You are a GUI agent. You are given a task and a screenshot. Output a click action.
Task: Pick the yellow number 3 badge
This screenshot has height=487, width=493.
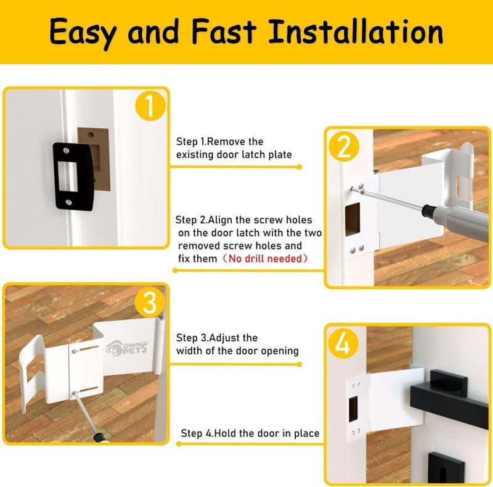point(150,303)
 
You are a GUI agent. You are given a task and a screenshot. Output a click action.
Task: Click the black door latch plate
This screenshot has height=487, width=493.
point(73,176)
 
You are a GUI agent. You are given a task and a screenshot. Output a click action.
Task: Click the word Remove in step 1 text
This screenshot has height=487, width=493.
point(226,142)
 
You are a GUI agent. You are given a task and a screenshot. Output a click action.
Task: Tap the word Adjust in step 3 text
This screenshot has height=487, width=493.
point(224,338)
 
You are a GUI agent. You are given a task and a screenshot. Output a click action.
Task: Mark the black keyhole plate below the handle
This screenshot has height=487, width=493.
point(446,468)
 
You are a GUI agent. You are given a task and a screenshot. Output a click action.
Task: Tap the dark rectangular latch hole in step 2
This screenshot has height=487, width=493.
point(352,219)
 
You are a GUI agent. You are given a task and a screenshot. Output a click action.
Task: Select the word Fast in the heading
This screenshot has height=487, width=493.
point(224,31)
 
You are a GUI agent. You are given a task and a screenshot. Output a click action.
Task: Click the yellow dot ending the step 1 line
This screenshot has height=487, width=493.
point(299,166)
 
